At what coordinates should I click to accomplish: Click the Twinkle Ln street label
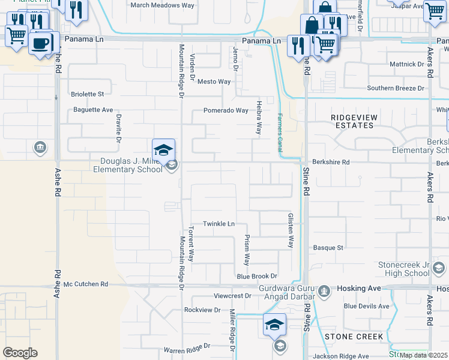click(218, 224)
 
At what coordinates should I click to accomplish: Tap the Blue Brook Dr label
click(256, 276)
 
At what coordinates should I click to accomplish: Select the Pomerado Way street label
click(226, 110)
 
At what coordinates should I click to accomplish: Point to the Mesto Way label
click(214, 82)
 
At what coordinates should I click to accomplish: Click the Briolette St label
click(88, 94)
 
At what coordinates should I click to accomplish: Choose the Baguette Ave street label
click(93, 110)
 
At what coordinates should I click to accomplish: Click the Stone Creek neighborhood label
click(354, 337)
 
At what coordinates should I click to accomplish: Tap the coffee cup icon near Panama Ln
click(41, 43)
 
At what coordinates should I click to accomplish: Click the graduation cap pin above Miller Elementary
click(163, 150)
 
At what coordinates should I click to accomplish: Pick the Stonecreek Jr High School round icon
click(439, 268)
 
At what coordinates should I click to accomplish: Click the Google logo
click(20, 353)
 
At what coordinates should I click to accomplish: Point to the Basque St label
click(328, 247)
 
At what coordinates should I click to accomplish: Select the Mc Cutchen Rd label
click(86, 284)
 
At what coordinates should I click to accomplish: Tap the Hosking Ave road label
click(358, 289)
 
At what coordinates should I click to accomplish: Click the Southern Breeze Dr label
click(396, 88)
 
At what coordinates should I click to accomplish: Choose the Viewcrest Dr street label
click(232, 296)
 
